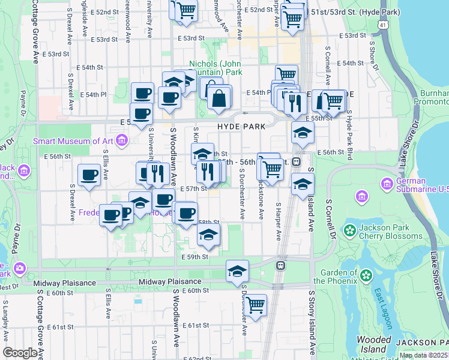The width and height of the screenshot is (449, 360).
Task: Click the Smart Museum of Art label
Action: click(x=73, y=141)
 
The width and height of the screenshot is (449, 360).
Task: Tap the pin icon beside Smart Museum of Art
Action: click(x=122, y=141)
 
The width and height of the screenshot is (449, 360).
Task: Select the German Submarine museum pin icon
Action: click(x=387, y=183)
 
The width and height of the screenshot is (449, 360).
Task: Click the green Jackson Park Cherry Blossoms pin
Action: click(x=349, y=230)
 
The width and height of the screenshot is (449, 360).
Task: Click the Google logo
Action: click(x=20, y=353)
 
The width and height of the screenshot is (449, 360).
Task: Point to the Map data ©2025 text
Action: click(x=423, y=355)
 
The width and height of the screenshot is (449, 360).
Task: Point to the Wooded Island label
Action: click(x=373, y=344)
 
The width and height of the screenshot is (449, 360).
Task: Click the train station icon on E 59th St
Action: click(x=280, y=265)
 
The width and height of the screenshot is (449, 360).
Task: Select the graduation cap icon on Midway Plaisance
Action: click(x=237, y=271)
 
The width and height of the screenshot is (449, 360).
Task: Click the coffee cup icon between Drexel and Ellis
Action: click(x=89, y=176)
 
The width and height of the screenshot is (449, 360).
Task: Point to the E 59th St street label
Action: click(x=194, y=257)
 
